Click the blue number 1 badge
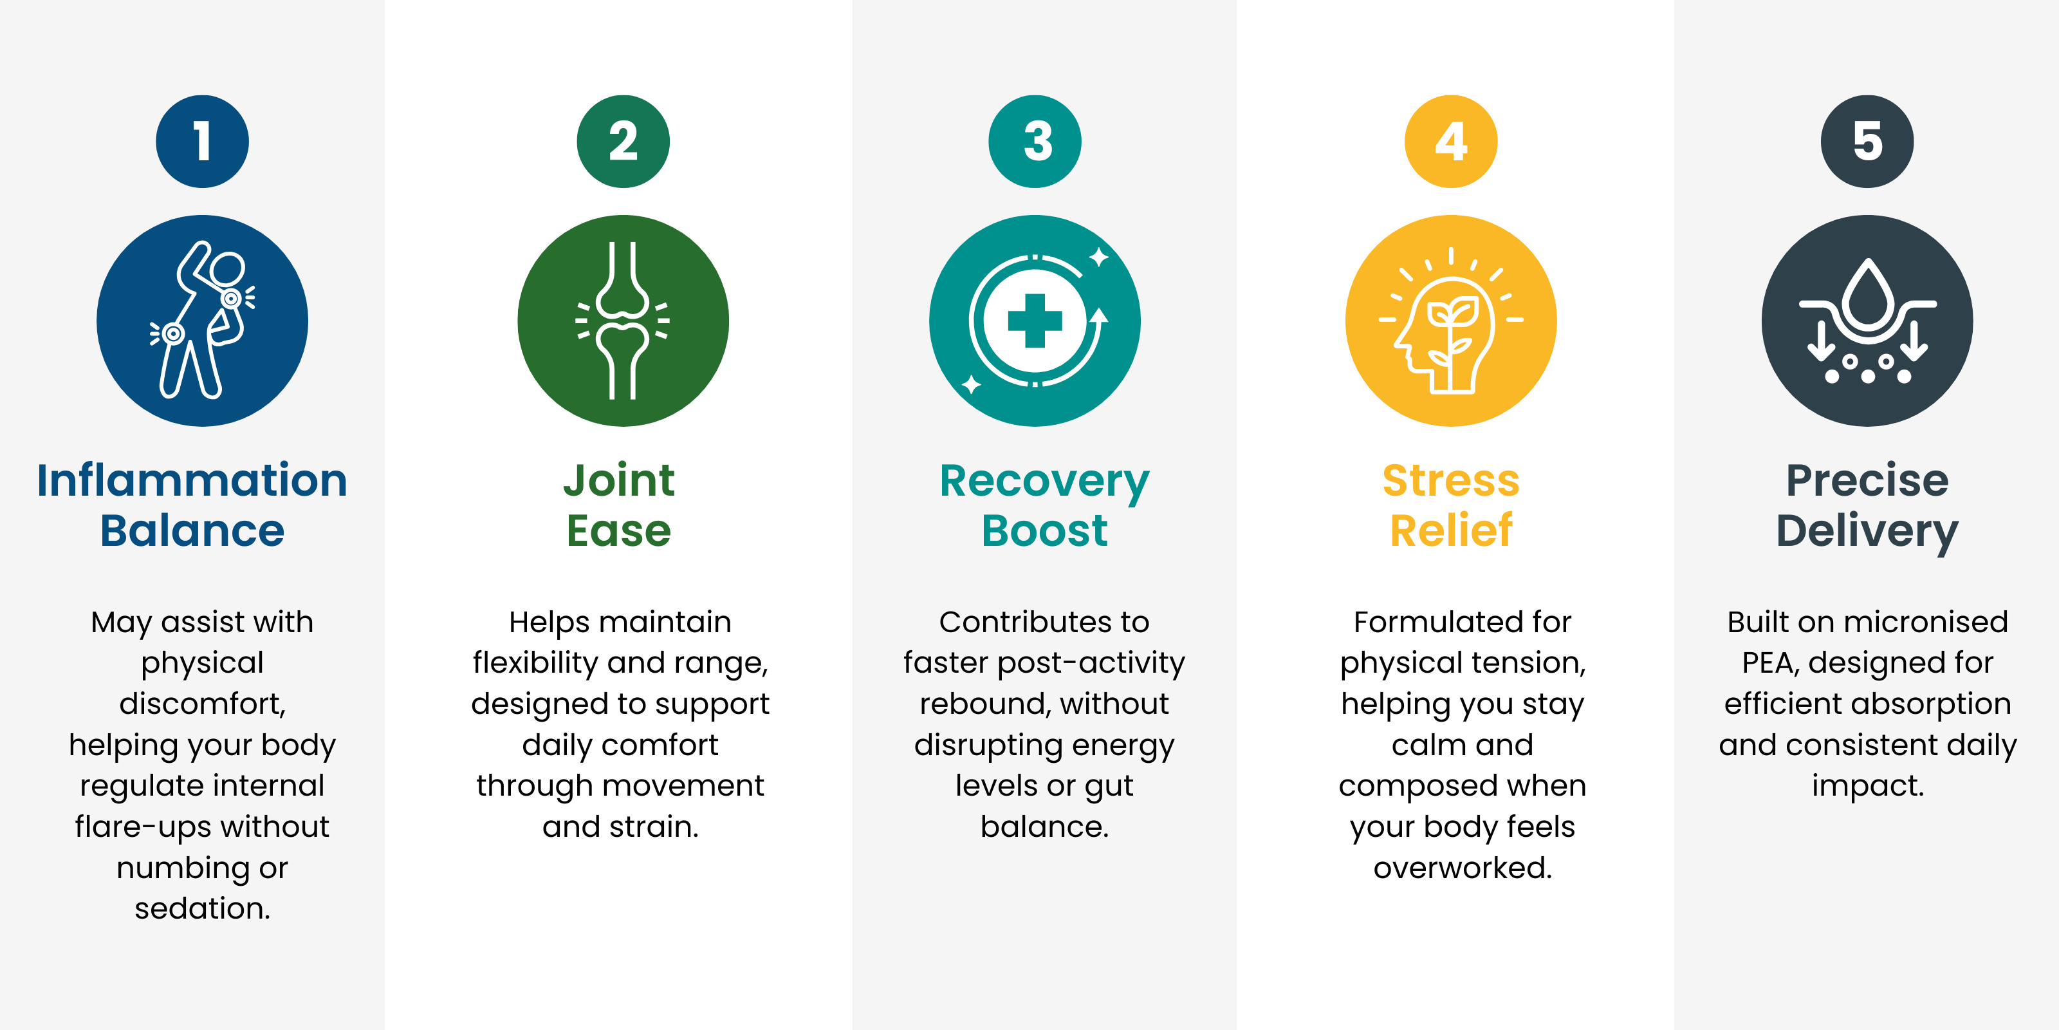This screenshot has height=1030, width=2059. (x=202, y=142)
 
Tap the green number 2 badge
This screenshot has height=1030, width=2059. (x=623, y=142)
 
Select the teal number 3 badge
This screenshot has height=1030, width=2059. (x=1035, y=142)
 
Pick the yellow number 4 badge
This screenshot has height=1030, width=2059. (x=1452, y=142)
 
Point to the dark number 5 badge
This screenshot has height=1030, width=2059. (x=1867, y=142)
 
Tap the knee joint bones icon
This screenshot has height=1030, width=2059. (x=623, y=320)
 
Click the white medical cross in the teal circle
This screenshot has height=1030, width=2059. (x=1035, y=321)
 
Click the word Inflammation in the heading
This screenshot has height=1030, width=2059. (x=192, y=481)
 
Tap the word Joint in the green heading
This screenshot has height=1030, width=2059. (x=620, y=481)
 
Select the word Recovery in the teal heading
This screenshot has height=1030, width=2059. (x=1045, y=483)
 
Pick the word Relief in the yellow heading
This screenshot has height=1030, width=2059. (x=1452, y=530)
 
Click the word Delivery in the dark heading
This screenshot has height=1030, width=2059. (x=1867, y=532)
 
